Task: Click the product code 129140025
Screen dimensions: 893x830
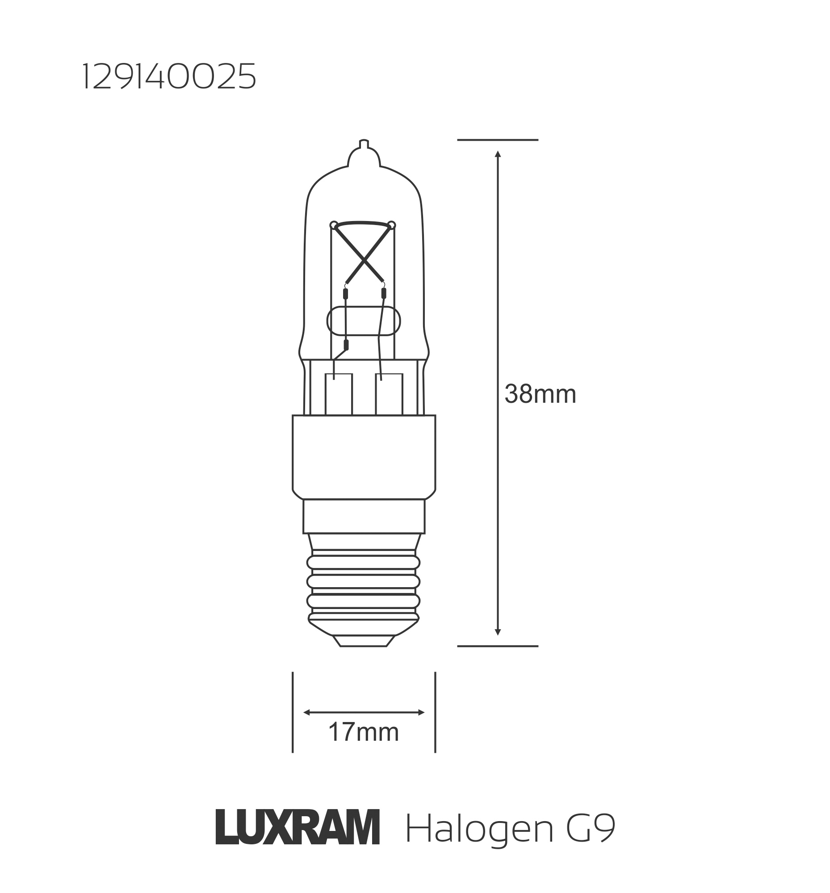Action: pos(169,76)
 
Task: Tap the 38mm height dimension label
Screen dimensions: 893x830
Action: pos(540,395)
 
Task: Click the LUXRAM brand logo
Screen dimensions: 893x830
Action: pos(298,827)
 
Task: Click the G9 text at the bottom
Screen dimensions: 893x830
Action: pos(590,827)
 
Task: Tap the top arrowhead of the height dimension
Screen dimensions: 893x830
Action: pos(498,154)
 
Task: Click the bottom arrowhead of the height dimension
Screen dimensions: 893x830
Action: pos(498,632)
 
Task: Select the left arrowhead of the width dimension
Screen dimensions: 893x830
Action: pos(307,713)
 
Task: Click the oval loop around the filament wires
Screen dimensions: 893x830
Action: pos(363,321)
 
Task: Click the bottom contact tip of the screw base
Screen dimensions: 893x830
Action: pos(363,643)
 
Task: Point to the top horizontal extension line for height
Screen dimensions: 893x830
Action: pos(498,140)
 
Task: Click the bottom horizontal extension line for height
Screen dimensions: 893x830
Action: pos(498,646)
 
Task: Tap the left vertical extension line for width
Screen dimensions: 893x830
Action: pos(293,712)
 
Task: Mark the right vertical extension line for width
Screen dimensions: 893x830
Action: pos(435,712)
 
